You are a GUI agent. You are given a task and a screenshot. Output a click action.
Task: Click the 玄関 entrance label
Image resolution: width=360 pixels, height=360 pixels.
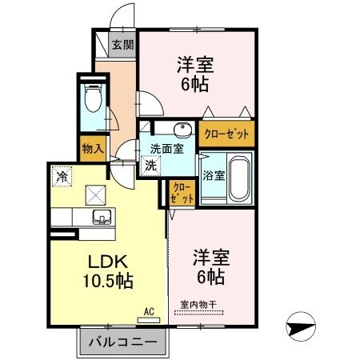click(x=122, y=45)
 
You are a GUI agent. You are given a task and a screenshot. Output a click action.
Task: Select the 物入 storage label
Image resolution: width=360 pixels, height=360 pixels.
click(x=92, y=148)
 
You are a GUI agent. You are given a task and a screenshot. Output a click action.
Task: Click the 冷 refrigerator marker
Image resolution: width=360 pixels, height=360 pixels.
click(x=61, y=172)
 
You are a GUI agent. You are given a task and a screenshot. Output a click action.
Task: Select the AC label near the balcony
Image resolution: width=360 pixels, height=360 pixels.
click(x=149, y=311)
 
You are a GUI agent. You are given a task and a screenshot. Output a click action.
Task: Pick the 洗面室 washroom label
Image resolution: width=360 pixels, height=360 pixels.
click(x=167, y=148)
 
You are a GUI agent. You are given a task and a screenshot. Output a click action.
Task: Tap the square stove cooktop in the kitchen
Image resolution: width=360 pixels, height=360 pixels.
click(x=95, y=192)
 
